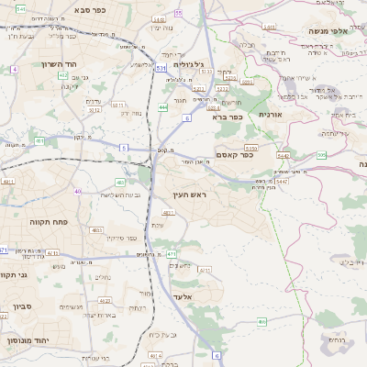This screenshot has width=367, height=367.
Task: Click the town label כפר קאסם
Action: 235,154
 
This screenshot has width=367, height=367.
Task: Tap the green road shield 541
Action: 20,8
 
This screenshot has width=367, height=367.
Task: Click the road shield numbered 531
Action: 161,67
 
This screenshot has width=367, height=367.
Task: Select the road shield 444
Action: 162,107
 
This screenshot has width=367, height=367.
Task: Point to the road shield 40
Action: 78,192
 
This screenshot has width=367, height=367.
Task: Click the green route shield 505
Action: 321,155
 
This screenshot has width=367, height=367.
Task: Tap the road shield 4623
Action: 105,300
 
